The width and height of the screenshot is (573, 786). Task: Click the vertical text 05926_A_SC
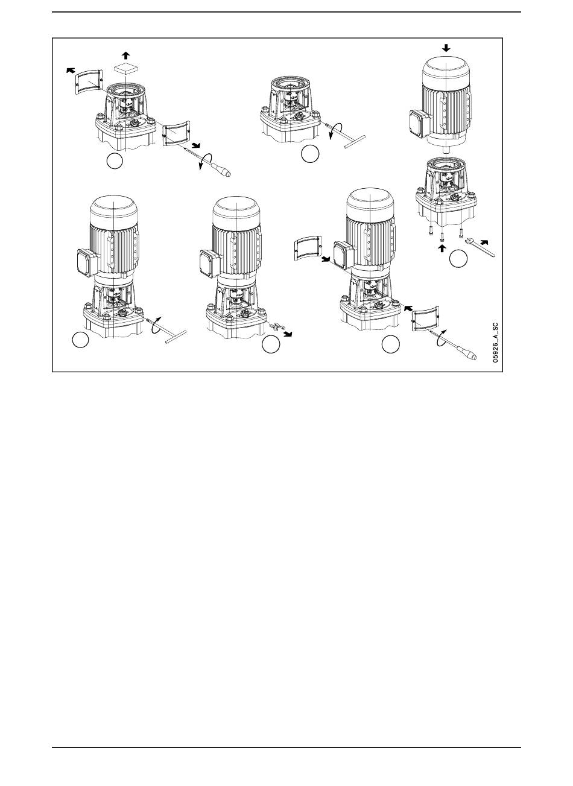click(495, 343)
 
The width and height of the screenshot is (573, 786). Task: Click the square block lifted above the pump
click(125, 68)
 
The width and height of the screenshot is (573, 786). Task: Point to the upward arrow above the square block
click(125, 55)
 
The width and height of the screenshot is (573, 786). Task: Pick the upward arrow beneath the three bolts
click(443, 248)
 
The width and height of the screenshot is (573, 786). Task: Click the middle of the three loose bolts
click(442, 236)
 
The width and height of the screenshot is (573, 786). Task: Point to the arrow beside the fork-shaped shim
click(287, 334)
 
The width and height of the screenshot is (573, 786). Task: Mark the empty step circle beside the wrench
click(458, 259)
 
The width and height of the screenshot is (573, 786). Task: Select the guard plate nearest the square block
click(89, 81)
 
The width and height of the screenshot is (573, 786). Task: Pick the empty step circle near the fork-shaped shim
click(271, 344)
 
